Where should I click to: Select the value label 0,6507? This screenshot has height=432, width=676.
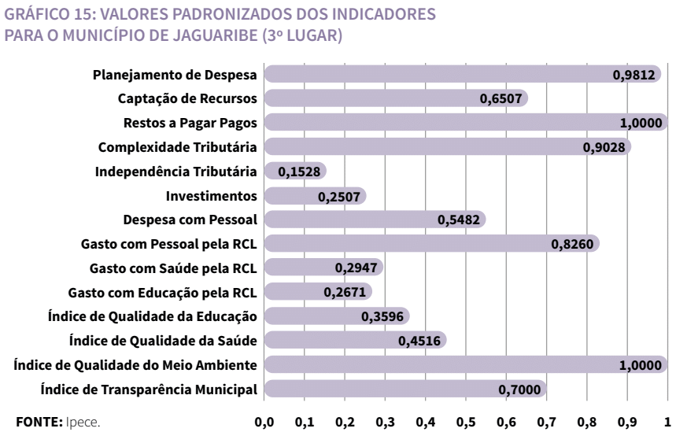500,99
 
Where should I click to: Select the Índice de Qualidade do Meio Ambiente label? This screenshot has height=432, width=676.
137,364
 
